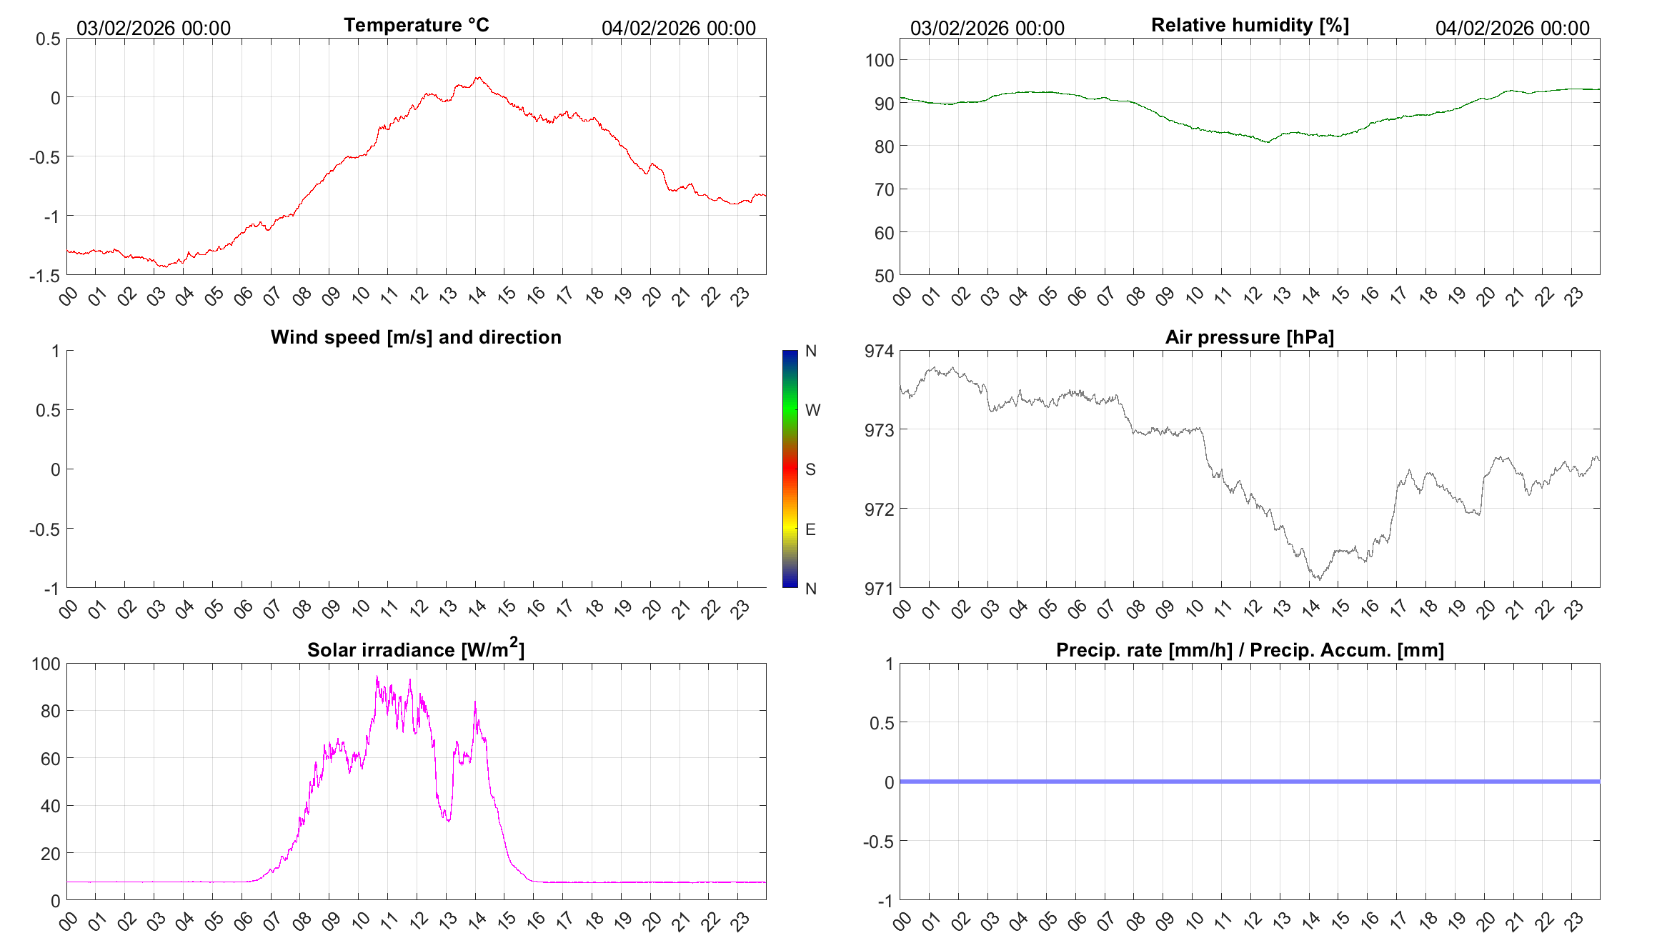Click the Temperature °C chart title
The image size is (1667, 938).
(416, 25)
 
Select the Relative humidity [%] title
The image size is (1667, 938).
(1250, 25)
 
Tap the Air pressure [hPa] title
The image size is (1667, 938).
(1249, 337)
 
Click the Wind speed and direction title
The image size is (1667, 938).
(416, 337)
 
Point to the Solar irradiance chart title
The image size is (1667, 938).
(416, 649)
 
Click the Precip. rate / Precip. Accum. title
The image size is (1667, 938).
(1250, 650)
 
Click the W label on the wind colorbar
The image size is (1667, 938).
(812, 410)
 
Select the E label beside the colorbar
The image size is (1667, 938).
(810, 529)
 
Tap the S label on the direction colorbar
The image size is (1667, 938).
(810, 469)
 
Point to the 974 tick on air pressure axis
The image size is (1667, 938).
(879, 351)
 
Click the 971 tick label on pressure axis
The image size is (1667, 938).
(879, 589)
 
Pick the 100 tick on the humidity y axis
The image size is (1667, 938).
(880, 60)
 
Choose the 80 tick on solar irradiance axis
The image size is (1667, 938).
(51, 711)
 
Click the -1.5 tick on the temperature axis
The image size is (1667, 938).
(45, 276)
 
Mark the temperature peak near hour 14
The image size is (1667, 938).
(478, 77)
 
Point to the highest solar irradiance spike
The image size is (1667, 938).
(377, 677)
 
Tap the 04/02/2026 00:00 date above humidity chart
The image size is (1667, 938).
(1512, 28)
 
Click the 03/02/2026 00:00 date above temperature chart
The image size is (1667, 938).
(154, 28)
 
